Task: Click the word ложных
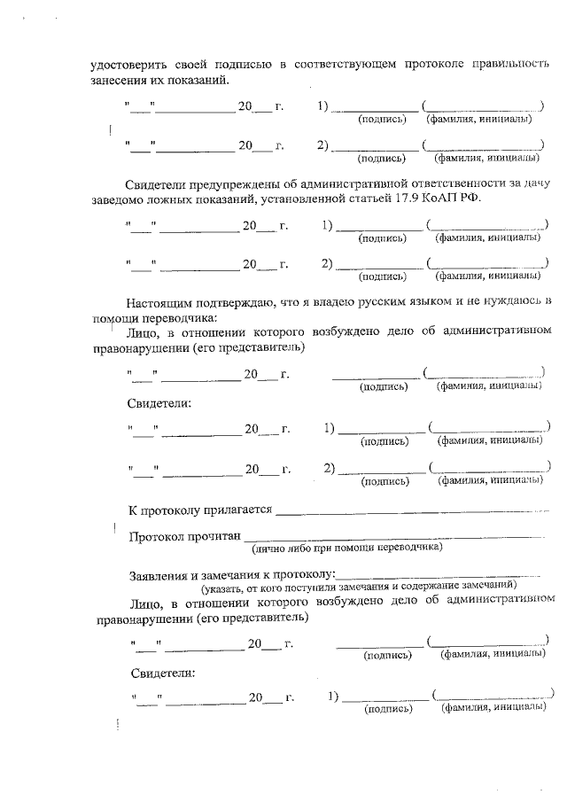coord(171,199)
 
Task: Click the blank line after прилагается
coord(408,513)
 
